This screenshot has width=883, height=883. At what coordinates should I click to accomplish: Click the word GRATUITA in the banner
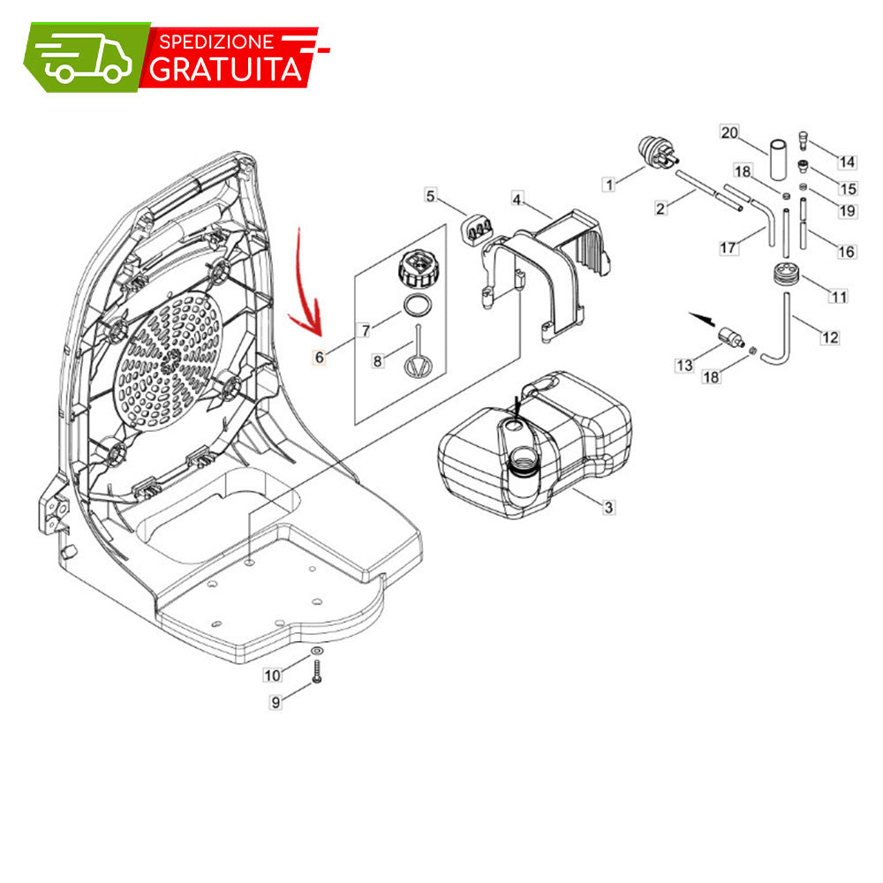click(x=226, y=69)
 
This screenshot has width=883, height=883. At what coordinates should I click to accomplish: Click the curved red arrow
click(x=304, y=283)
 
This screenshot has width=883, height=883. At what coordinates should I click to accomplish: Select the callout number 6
click(x=320, y=357)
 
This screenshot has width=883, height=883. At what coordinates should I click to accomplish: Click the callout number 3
click(x=608, y=507)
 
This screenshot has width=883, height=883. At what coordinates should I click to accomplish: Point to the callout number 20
click(x=729, y=133)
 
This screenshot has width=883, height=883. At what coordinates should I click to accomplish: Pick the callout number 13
click(x=684, y=365)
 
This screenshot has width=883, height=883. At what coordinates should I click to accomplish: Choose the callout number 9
click(x=275, y=702)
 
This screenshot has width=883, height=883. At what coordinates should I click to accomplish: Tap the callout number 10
click(x=273, y=675)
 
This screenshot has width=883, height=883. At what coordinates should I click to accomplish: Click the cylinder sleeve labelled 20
click(x=778, y=159)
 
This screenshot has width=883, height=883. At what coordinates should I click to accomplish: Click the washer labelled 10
click(x=317, y=651)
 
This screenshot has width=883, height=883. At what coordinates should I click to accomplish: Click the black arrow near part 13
click(x=702, y=320)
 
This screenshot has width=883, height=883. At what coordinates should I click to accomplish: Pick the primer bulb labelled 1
click(x=656, y=152)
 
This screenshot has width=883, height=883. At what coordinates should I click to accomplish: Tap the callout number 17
click(x=728, y=247)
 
